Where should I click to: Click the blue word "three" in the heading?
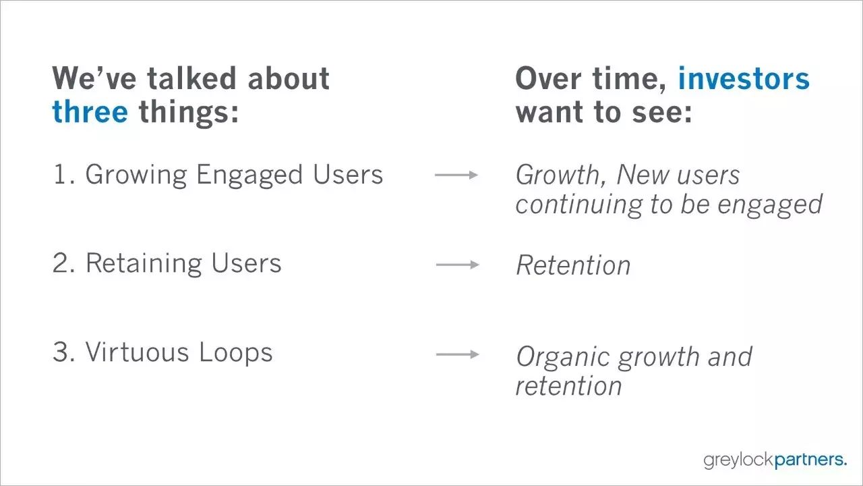point(90,111)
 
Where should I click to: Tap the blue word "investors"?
point(744,78)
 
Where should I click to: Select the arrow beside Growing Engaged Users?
point(456,175)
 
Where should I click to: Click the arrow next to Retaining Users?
point(458,265)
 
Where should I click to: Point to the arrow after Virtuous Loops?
point(458,354)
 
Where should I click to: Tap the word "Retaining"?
point(144,264)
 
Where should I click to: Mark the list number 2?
point(63,263)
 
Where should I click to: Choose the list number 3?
point(63,352)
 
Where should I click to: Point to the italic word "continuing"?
point(578,205)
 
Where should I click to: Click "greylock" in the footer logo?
point(738,460)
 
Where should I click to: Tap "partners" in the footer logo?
point(809,460)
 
